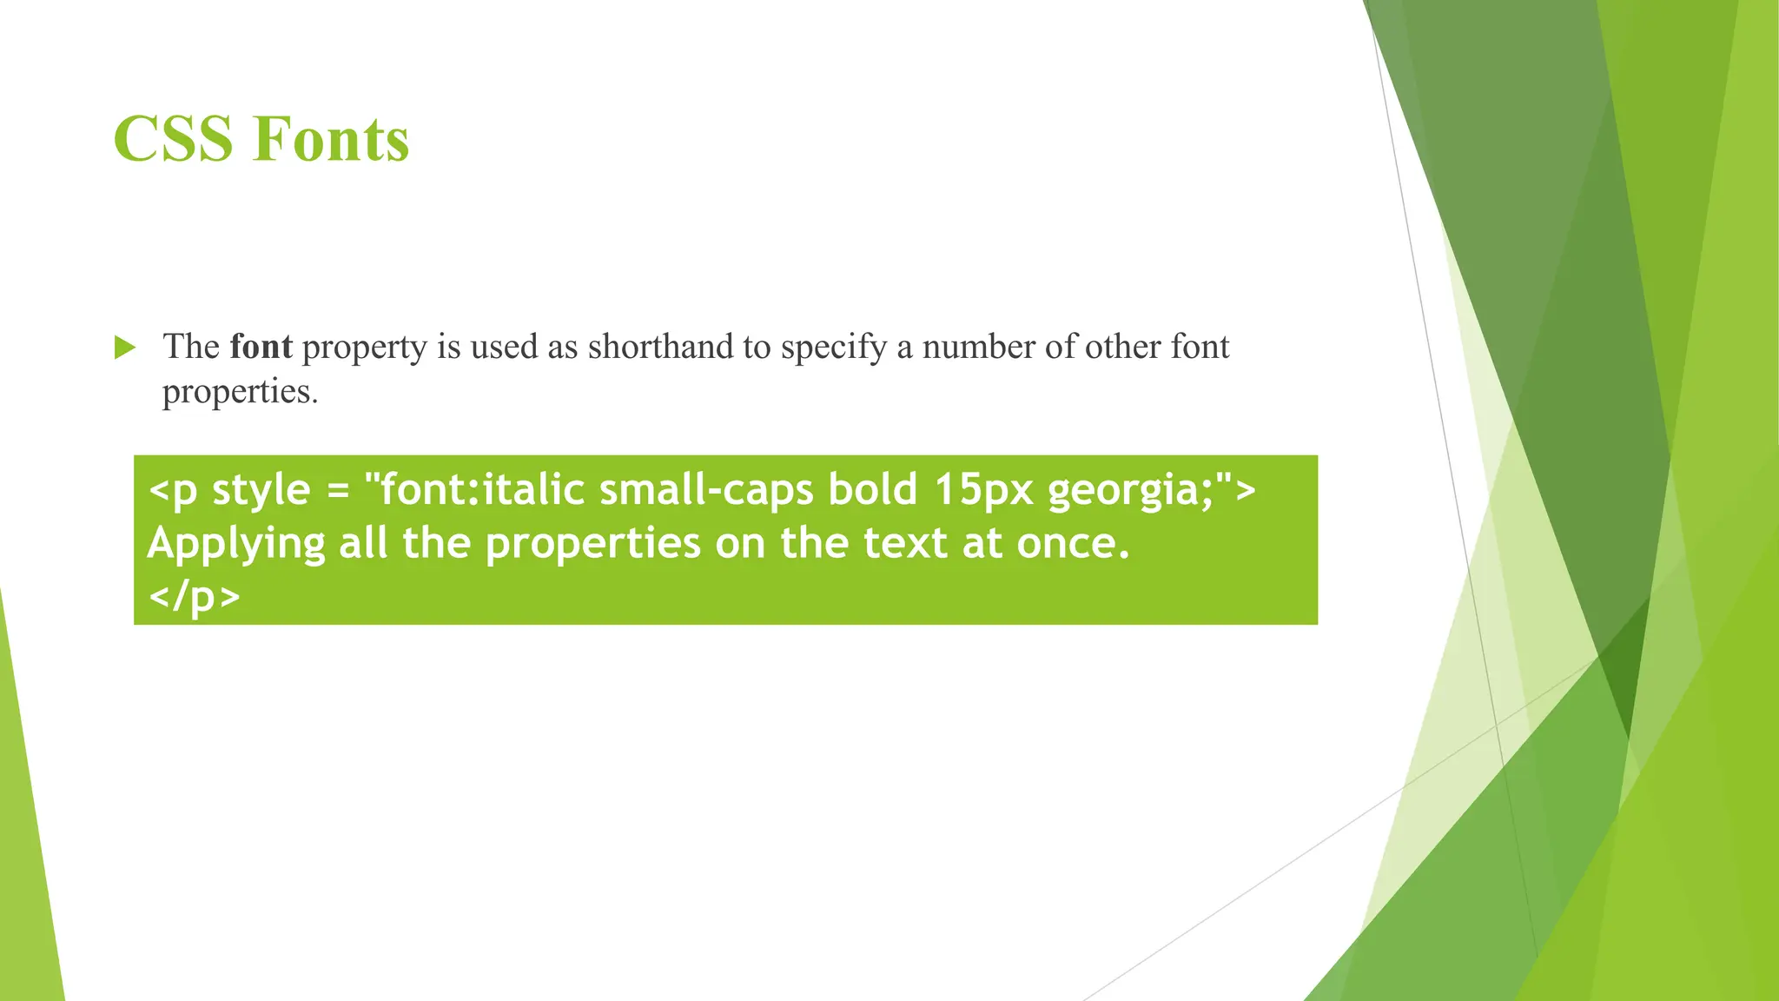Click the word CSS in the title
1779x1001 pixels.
(172, 139)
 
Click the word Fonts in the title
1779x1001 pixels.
(331, 139)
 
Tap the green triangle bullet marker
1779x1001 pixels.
(125, 348)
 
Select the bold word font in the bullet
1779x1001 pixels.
(261, 347)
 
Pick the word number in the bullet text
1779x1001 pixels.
(978, 347)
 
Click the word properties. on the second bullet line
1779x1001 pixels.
(240, 392)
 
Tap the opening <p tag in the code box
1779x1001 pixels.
(173, 490)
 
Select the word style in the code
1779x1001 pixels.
(261, 489)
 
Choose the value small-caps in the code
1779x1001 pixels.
(706, 490)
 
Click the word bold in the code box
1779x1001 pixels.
(872, 489)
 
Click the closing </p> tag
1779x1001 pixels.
(194, 597)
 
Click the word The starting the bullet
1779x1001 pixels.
(191, 347)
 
